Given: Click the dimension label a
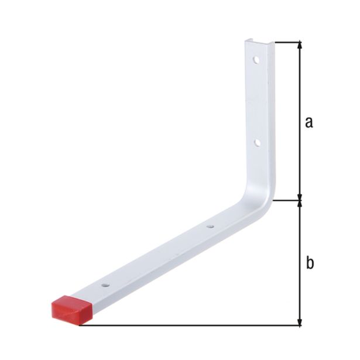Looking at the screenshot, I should (309, 122).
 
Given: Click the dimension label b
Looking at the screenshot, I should (310, 263).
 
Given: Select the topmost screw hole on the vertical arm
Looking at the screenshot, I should (256, 60).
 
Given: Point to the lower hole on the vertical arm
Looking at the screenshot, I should (256, 142).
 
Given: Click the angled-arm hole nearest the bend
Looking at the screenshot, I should (211, 225).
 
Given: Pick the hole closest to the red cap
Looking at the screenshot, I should (105, 285).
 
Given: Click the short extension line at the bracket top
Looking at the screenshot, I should (287, 42).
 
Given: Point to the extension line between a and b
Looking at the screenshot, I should (287, 201).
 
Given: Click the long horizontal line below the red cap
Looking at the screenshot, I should (193, 325).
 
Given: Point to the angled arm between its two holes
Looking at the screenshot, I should (158, 255).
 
